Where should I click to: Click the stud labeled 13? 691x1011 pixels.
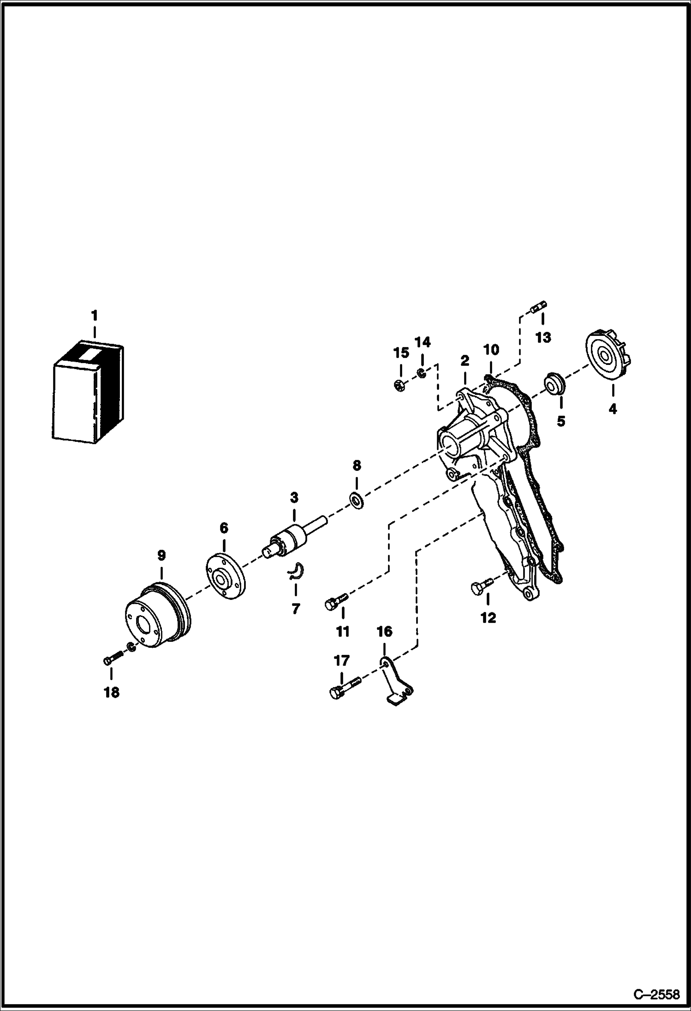pyautogui.click(x=538, y=306)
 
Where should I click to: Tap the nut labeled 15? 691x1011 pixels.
pyautogui.click(x=400, y=385)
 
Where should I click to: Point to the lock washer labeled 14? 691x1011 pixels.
pyautogui.click(x=421, y=372)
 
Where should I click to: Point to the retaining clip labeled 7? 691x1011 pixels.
pyautogui.click(x=294, y=571)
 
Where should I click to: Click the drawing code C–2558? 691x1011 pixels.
pyautogui.click(x=656, y=994)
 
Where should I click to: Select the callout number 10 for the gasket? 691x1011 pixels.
pyautogui.click(x=491, y=350)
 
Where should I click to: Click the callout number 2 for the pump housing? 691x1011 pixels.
pyautogui.click(x=464, y=361)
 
